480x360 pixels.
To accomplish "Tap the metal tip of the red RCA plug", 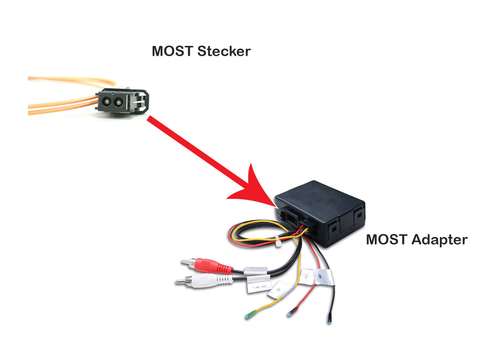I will pyautogui.click(x=185, y=262).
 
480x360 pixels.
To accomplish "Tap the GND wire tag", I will pyautogui.click(x=323, y=276).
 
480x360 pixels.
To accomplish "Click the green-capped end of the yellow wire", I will pyautogui.click(x=249, y=315).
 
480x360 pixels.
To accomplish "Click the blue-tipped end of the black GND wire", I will pyautogui.click(x=329, y=321).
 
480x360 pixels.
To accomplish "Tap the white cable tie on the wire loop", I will pyautogui.click(x=278, y=241).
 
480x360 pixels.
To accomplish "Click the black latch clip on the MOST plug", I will pyautogui.click(x=144, y=100).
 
